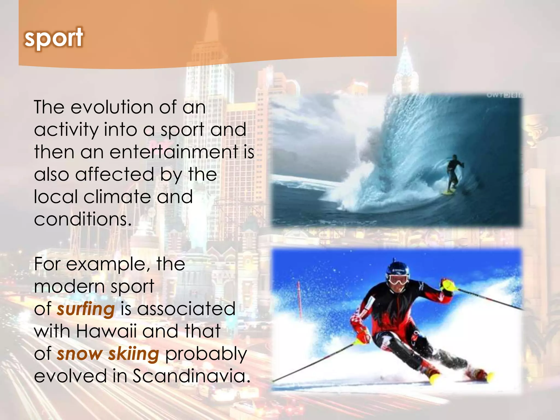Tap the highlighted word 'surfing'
[x=86, y=309]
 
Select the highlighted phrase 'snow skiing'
[x=108, y=354]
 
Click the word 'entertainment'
[x=174, y=152]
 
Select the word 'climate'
[x=117, y=197]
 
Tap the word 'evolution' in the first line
[x=112, y=107]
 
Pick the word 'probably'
[x=206, y=354]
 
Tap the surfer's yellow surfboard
[x=449, y=192]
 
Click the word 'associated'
[x=186, y=309]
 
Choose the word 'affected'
[x=115, y=174]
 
